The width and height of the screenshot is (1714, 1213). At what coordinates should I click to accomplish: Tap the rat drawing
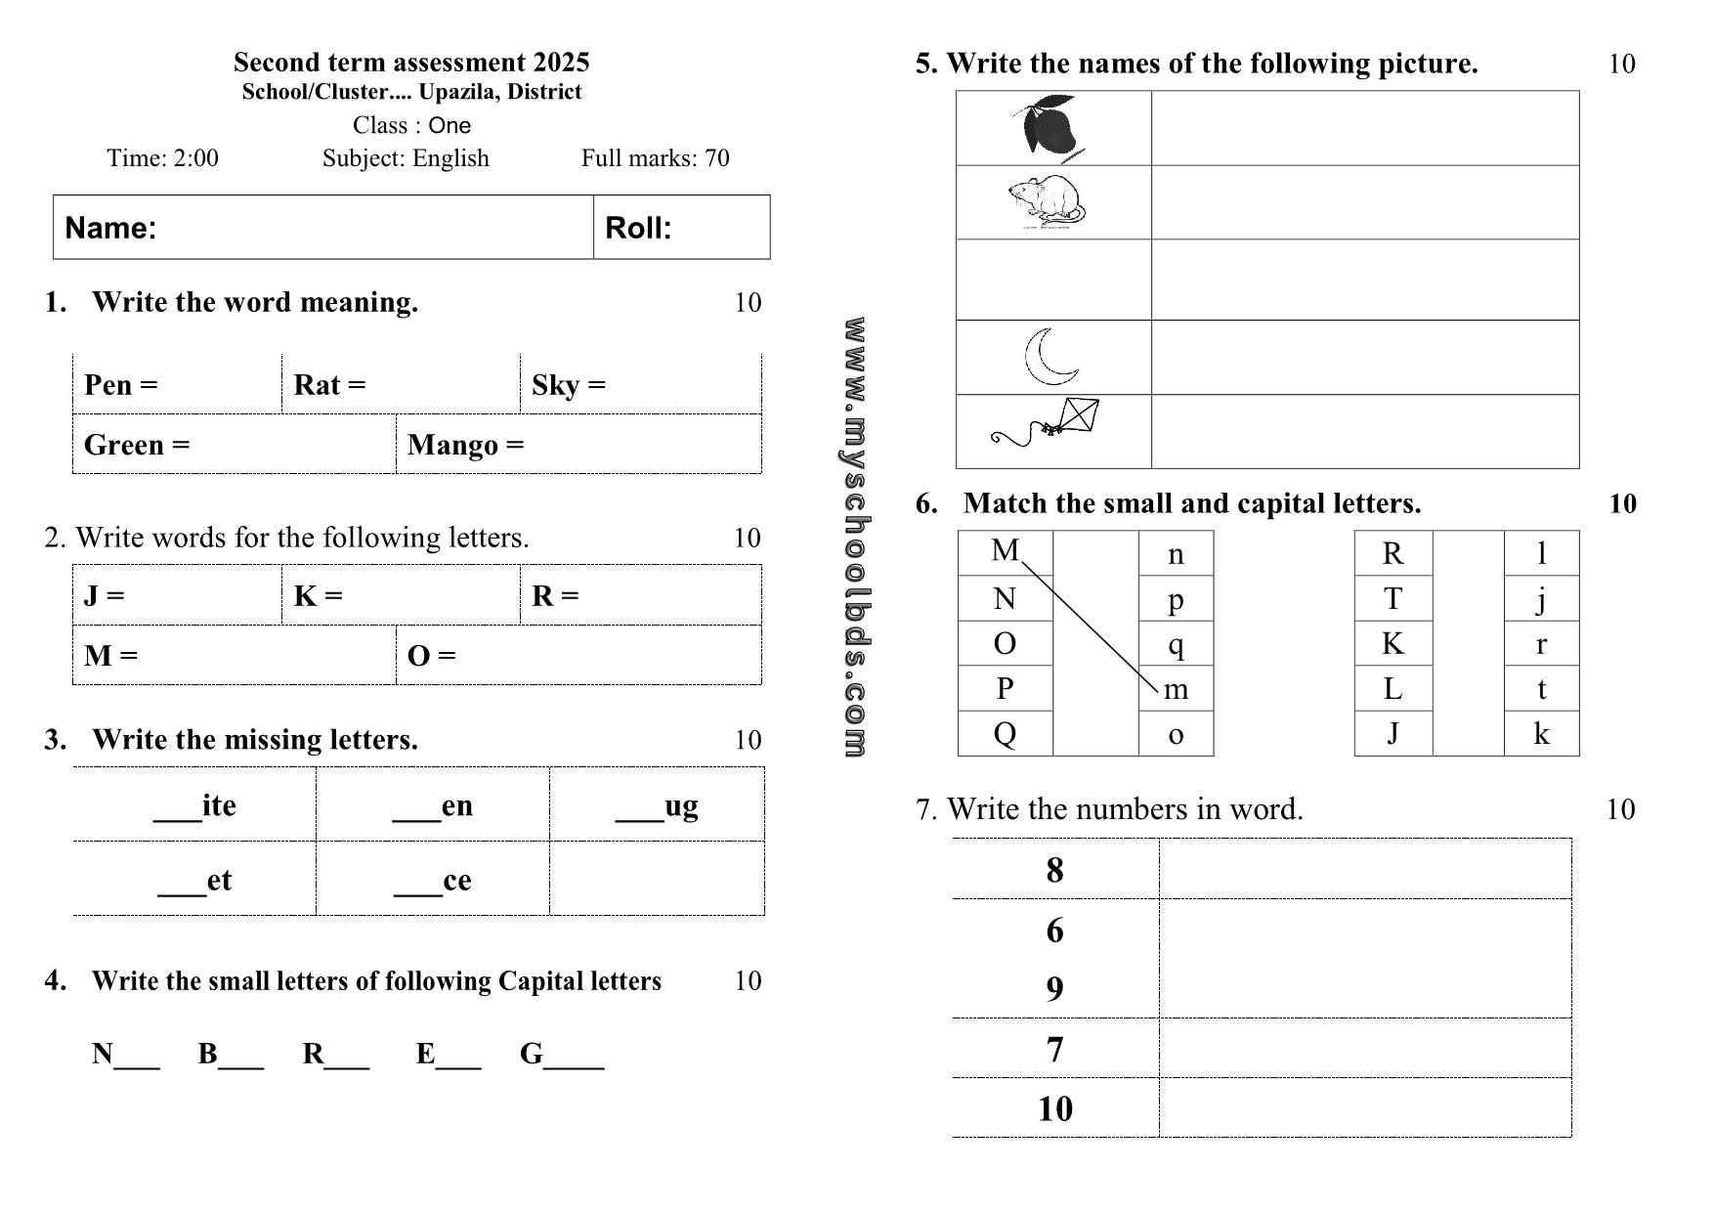tap(1047, 202)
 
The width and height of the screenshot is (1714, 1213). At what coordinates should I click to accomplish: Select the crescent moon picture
tap(1050, 357)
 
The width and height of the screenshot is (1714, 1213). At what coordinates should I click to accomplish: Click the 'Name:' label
tap(110, 228)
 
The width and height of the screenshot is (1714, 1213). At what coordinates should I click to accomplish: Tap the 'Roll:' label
tap(638, 228)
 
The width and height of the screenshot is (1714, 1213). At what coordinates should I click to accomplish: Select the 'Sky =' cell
tap(569, 385)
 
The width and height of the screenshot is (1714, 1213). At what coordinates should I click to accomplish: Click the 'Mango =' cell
tap(465, 445)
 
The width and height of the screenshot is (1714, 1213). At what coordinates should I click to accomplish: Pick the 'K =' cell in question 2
tap(318, 595)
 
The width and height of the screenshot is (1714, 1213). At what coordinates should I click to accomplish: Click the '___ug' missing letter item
tap(657, 805)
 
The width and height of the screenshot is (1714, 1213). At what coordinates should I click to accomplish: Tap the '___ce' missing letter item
tap(433, 881)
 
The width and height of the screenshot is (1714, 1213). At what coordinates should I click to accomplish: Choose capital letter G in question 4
tap(532, 1054)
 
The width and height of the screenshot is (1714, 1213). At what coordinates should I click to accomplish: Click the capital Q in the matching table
tap(1005, 733)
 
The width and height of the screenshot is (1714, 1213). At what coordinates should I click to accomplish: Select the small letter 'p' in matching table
tap(1176, 599)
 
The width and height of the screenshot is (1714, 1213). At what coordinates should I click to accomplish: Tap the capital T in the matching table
tap(1393, 598)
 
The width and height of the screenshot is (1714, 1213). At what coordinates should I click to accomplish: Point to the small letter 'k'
tap(1541, 733)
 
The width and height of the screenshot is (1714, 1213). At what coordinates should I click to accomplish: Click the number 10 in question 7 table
tap(1054, 1108)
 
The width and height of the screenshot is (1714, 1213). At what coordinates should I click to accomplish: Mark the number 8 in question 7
tap(1054, 870)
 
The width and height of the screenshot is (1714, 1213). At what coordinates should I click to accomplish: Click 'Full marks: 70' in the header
tap(655, 158)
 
